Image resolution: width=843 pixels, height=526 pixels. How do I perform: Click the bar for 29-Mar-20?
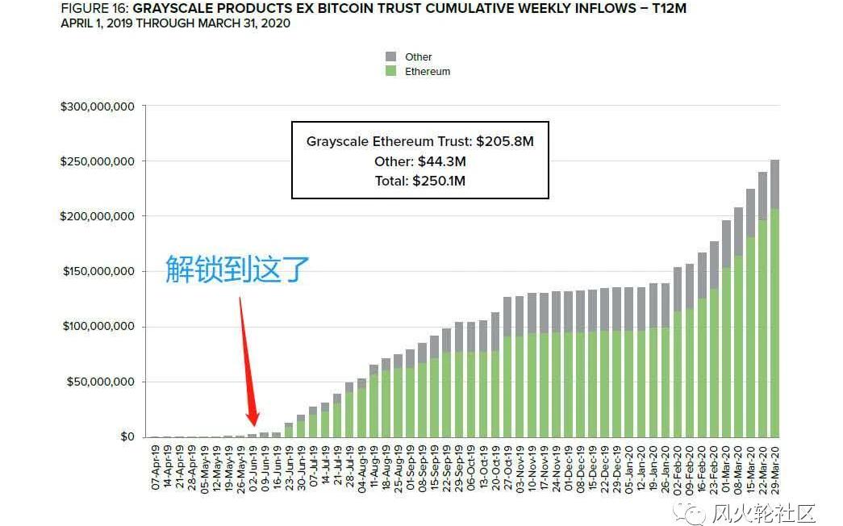[774, 298]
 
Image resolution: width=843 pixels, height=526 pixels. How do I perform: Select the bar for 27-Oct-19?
[507, 367]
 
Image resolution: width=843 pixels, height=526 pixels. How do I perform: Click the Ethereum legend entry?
[428, 72]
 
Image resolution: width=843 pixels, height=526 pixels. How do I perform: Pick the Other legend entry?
[419, 57]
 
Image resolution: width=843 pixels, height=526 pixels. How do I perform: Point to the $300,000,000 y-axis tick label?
[97, 106]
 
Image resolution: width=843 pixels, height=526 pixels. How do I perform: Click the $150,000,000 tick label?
[97, 272]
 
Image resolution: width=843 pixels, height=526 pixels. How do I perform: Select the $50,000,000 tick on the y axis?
[100, 382]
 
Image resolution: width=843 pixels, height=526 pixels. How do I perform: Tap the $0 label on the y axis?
[127, 436]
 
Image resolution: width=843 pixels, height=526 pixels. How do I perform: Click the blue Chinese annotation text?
[237, 269]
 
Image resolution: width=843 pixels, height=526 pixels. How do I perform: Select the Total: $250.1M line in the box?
[419, 181]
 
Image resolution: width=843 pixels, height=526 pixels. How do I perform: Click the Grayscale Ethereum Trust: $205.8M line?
[419, 141]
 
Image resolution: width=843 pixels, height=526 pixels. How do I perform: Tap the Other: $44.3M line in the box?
[419, 161]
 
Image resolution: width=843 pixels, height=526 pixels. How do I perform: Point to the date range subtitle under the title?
[175, 23]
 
